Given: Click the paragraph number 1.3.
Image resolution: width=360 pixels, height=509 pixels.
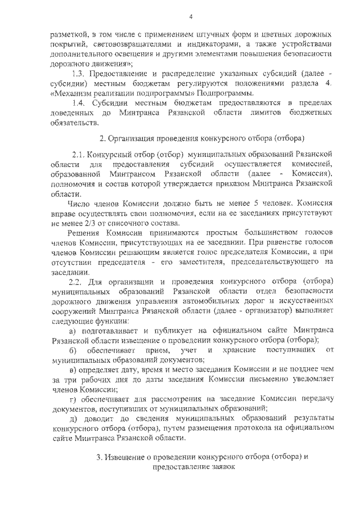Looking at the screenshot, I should coord(78,74).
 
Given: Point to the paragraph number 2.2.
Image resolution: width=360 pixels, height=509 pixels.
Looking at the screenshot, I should coord(75,280).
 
